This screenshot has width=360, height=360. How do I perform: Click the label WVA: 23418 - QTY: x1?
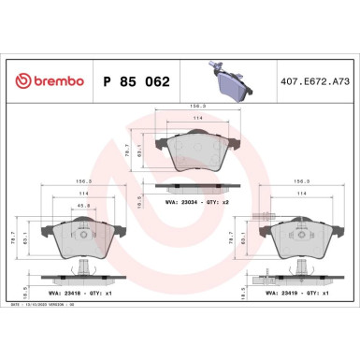[84, 292]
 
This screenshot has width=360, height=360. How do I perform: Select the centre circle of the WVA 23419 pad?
[294, 234]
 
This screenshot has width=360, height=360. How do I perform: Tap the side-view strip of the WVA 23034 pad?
[192, 184]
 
